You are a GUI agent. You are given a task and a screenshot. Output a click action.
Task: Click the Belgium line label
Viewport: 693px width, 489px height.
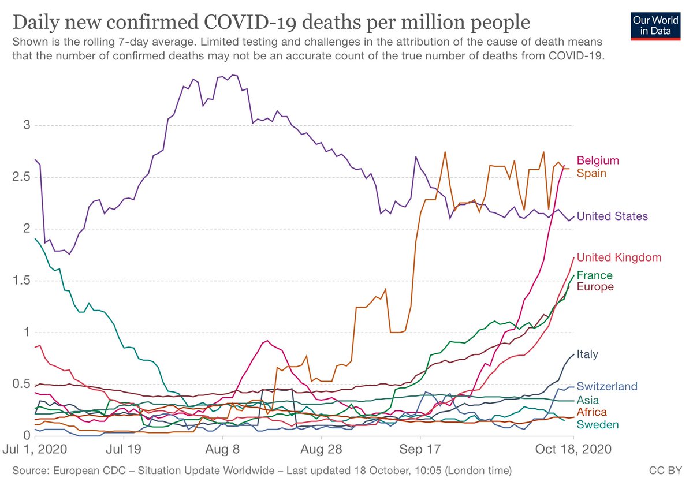click(598, 160)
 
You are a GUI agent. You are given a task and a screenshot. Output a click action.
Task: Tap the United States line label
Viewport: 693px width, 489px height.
click(612, 216)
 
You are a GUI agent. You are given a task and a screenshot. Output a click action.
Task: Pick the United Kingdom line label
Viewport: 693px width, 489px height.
click(619, 257)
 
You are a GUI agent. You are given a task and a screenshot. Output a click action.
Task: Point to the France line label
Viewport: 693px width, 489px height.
click(594, 275)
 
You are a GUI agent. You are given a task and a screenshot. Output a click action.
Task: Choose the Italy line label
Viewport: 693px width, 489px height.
click(587, 354)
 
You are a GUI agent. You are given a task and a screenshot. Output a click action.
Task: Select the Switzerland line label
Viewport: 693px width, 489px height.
click(606, 386)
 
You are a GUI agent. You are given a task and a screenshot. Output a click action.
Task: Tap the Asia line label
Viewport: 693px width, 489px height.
click(587, 400)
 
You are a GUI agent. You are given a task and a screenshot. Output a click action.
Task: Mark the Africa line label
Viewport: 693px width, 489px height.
click(591, 412)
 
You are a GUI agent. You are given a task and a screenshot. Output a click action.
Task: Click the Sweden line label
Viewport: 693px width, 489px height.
click(598, 425)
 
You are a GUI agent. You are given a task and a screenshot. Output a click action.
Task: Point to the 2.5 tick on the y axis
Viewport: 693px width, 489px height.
click(22, 177)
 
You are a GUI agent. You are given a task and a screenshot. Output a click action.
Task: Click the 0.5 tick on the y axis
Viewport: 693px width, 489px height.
click(22, 384)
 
